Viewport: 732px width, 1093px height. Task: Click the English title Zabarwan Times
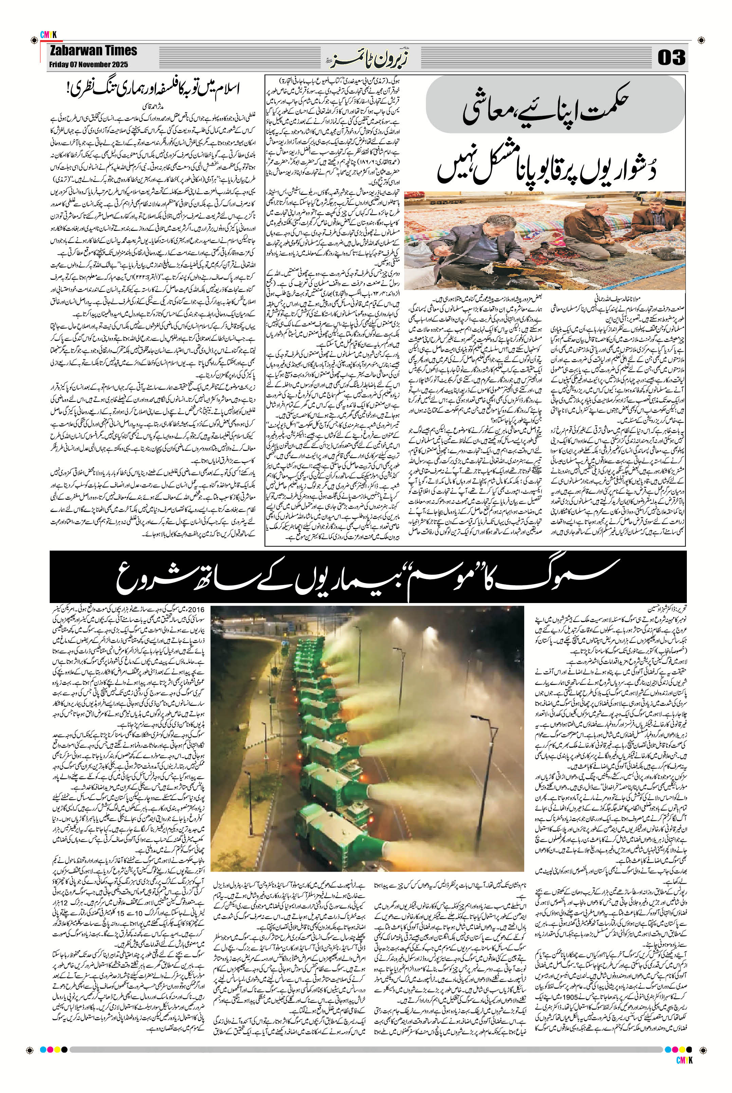click(x=93, y=51)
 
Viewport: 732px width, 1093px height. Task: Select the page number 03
click(x=672, y=58)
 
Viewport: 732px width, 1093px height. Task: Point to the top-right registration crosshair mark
click(x=701, y=37)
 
